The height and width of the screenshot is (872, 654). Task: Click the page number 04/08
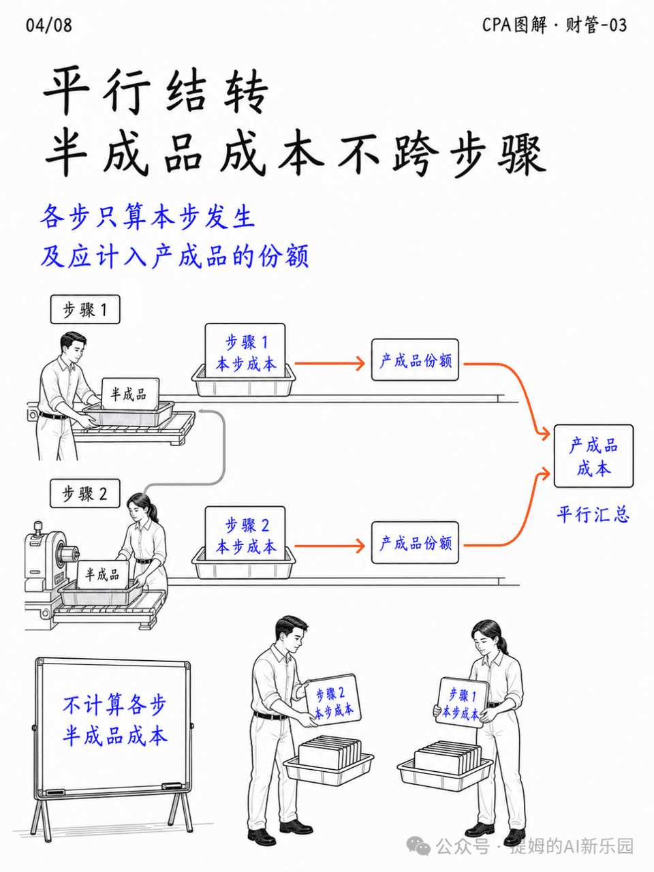pyautogui.click(x=48, y=25)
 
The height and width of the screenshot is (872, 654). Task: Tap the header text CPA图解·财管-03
pyautogui.click(x=555, y=25)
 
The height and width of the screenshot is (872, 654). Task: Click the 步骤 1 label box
pyautogui.click(x=85, y=309)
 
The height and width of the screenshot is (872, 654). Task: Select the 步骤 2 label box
pyautogui.click(x=85, y=493)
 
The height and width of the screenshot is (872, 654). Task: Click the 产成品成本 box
pyautogui.click(x=593, y=456)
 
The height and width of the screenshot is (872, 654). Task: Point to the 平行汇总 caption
pyautogui.click(x=593, y=514)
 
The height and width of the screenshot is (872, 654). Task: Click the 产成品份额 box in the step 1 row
pyautogui.click(x=415, y=360)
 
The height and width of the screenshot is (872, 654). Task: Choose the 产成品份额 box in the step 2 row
pyautogui.click(x=415, y=543)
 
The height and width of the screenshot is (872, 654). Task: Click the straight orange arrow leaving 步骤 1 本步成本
pyautogui.click(x=330, y=363)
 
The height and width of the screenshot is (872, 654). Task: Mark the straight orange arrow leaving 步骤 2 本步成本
pyautogui.click(x=330, y=546)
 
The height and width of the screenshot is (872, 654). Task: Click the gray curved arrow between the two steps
pyautogui.click(x=225, y=449)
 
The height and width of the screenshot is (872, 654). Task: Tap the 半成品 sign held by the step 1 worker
pyautogui.click(x=130, y=394)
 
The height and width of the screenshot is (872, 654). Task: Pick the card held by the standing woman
pyautogui.click(x=461, y=703)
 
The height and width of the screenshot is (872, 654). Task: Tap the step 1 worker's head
pyautogui.click(x=73, y=347)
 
